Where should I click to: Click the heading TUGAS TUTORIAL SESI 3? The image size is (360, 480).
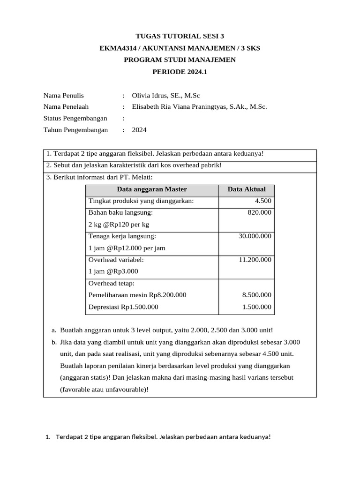point(180,36)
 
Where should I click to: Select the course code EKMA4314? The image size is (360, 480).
point(119,48)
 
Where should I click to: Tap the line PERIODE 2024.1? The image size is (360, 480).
point(180,72)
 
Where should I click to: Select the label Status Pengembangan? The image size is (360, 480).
point(75,118)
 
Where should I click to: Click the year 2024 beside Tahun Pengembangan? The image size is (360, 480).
point(139,130)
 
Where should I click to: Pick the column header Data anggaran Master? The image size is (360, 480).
point(152,189)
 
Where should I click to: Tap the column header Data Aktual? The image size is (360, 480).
point(247,189)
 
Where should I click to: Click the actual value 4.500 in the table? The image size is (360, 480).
point(262,201)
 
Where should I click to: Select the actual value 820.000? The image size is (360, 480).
point(259,213)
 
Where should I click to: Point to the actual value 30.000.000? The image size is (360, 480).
point(255,236)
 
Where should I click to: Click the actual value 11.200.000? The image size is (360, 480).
point(255,260)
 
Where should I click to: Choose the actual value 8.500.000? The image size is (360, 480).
point(256,295)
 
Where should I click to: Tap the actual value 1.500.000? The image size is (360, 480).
point(256,307)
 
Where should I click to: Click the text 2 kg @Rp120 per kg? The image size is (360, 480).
point(119,225)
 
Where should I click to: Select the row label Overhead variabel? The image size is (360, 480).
point(116,260)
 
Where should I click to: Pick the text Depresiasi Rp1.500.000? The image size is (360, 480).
point(123,307)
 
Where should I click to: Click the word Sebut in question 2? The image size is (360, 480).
point(62,165)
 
